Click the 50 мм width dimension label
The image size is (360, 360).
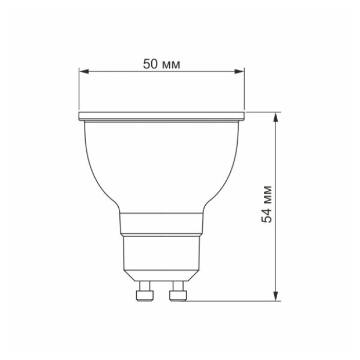coord(161,64)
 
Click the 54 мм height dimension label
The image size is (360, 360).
coord(267,203)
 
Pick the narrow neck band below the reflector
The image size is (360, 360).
coord(161,224)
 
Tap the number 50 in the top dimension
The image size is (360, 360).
coord(151,64)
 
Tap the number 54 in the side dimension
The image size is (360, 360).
coord(267,215)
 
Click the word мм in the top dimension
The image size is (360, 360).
coord(172,64)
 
